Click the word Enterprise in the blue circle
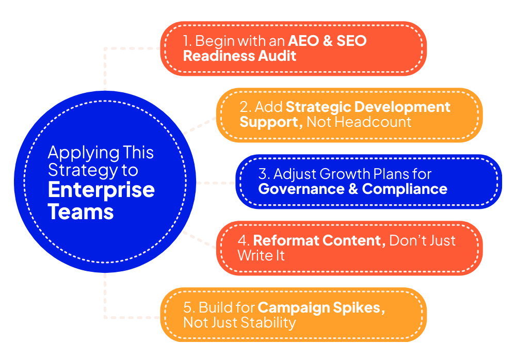(101, 189)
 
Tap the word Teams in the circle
(80, 211)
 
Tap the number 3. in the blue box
(264, 174)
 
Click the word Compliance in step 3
(405, 189)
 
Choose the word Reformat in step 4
(283, 240)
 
